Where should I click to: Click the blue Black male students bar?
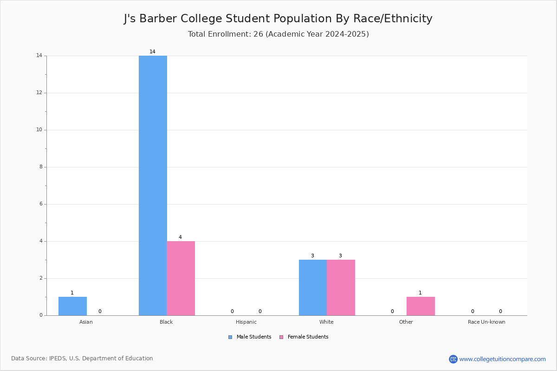coord(153,185)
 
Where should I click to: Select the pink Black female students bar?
coord(181,278)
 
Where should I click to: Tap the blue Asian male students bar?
coord(72,306)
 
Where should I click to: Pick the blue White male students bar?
coord(313,288)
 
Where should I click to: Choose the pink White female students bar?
coord(341,288)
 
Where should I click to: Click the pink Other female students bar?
coord(421,306)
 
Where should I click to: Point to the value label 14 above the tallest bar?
coord(152,51)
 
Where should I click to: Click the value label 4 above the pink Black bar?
coord(180,237)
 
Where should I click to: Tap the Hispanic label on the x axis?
coord(246,322)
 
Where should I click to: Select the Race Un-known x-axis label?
coord(486,322)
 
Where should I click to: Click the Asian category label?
coord(86,322)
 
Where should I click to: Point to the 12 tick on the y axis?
coord(39,92)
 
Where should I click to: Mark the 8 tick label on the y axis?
coord(41,167)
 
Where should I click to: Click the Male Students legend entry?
coord(250,337)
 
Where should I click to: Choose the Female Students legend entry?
coord(304,337)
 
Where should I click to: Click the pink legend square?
coord(281,337)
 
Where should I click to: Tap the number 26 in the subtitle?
coord(258,34)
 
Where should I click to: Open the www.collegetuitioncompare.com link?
coord(502,359)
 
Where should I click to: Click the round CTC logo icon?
coord(453,359)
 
